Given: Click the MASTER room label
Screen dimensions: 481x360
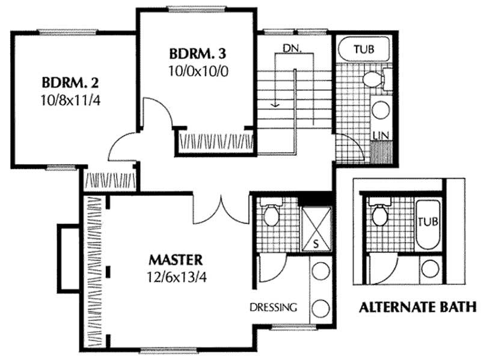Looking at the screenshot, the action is point(175,260).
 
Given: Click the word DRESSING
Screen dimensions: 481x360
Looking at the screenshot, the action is point(274,308).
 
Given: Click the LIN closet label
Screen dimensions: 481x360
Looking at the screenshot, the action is point(379,133).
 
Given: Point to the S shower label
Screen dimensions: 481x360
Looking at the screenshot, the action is point(316,243).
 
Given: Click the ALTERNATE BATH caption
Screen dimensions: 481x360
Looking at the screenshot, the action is point(417,308).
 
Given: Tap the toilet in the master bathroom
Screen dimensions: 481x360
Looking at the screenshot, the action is point(270,215).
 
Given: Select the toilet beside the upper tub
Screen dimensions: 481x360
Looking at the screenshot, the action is point(374,79).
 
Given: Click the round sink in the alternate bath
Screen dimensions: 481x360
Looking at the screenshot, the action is point(430,269).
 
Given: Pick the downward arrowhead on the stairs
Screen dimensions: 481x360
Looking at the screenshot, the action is point(275,103).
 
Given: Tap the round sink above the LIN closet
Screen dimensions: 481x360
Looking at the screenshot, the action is point(380,110).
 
